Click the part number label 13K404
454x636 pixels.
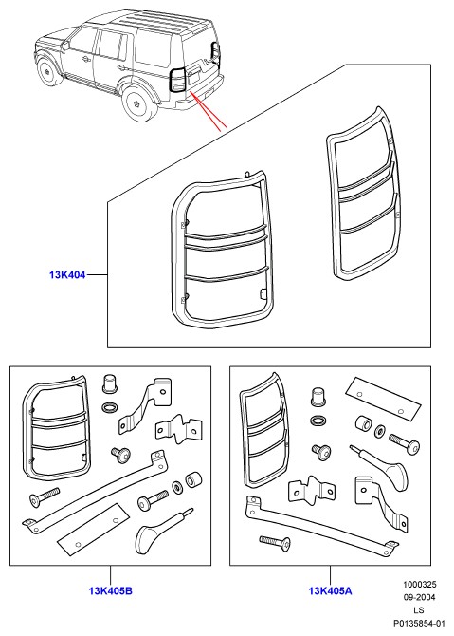(x=67, y=275)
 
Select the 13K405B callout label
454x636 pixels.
(x=110, y=591)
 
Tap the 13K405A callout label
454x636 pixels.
(x=330, y=591)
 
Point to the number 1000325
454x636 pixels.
(x=419, y=585)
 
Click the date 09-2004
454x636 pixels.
(x=419, y=597)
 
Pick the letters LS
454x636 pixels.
(x=419, y=610)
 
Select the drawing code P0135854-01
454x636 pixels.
(x=419, y=623)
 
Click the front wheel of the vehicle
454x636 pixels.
(x=47, y=73)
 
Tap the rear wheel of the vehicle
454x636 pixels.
(x=137, y=103)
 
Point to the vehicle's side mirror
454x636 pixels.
(x=66, y=45)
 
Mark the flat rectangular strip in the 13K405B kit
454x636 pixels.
(x=94, y=529)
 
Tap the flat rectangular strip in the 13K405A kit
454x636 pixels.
(x=383, y=399)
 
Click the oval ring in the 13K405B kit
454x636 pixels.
(x=109, y=407)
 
